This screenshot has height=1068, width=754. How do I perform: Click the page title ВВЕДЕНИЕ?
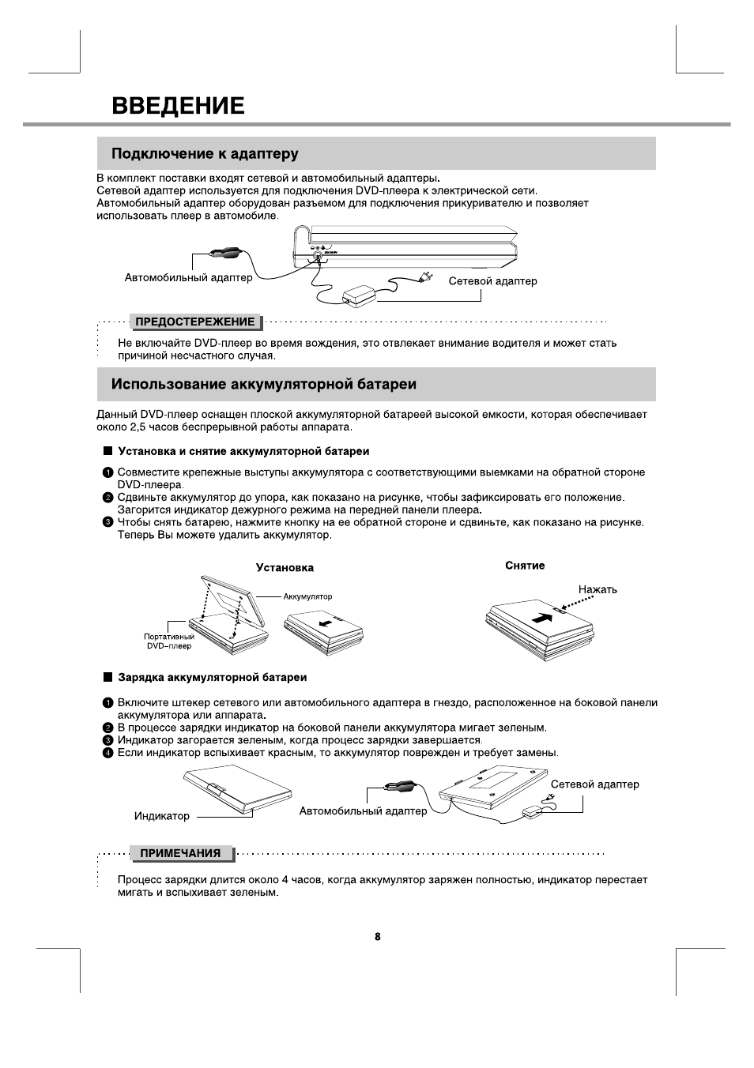click(x=178, y=105)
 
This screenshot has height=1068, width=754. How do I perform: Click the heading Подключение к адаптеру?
click(x=205, y=153)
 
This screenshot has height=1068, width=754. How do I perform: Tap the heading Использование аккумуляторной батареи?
click(x=263, y=384)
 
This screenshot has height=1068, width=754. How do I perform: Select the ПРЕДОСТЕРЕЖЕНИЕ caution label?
click(x=195, y=322)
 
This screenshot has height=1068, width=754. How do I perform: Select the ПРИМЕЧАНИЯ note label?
click(x=180, y=853)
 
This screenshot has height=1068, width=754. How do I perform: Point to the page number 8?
click(x=377, y=936)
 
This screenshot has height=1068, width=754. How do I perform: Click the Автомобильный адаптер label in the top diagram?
click(x=189, y=277)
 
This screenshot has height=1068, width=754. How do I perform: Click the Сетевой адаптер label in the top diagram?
click(x=492, y=280)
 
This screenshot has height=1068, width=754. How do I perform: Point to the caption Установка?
click(x=285, y=567)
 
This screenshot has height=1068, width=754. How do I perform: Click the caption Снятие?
click(x=525, y=566)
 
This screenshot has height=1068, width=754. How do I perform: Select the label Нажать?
click(x=598, y=589)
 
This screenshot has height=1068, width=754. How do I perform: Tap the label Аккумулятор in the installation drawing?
click(x=307, y=596)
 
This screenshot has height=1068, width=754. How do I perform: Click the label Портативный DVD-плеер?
click(x=169, y=641)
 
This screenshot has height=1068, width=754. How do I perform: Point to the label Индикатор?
click(x=162, y=816)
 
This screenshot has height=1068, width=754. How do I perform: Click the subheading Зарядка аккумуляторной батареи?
click(x=212, y=677)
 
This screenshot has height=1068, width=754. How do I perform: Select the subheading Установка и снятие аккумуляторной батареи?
click(x=243, y=451)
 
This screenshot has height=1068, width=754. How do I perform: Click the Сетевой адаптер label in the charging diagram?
click(x=594, y=784)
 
